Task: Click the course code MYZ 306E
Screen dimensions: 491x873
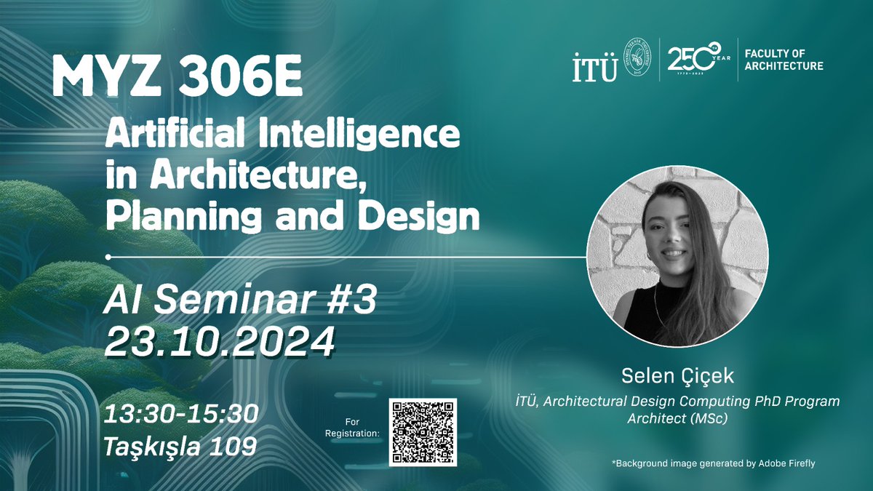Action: (x=178, y=79)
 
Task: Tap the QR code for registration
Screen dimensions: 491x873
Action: (x=423, y=432)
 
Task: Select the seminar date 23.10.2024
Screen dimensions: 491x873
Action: (x=219, y=340)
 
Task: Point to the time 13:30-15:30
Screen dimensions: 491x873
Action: (x=180, y=414)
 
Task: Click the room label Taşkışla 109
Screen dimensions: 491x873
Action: (x=180, y=444)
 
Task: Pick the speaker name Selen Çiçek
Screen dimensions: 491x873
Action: (x=677, y=376)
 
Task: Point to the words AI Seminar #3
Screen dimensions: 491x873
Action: (x=240, y=301)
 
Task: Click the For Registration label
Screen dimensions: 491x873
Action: (x=360, y=428)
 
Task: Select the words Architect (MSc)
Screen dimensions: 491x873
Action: (x=677, y=418)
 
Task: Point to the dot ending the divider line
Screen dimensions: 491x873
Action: (x=108, y=257)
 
